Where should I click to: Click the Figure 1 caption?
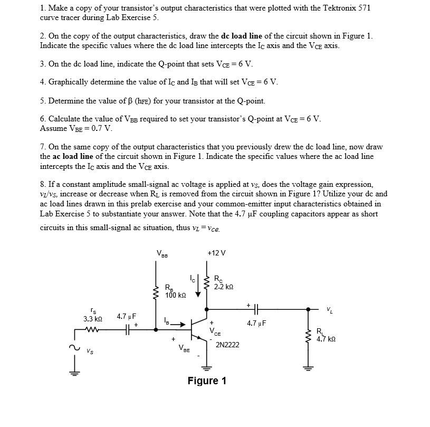pos(207,381)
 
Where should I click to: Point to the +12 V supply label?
pos(216,253)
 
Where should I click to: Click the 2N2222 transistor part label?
pos(227,345)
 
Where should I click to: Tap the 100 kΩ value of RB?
pos(174,295)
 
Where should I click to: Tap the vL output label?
pos(329,309)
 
